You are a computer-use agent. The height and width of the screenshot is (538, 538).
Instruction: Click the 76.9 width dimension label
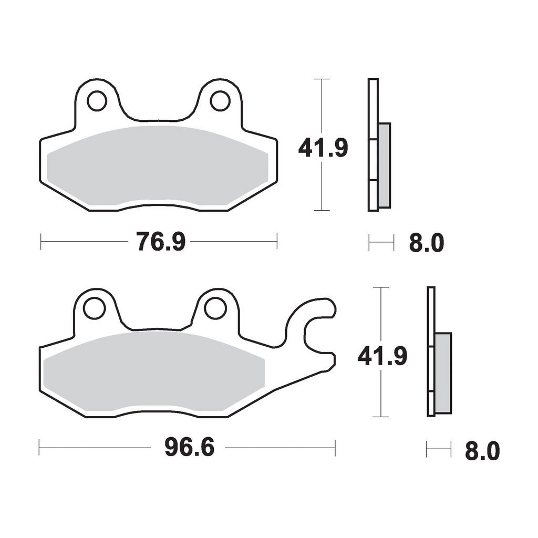[x=161, y=242]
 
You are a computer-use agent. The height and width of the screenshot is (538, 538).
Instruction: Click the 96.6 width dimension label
[x=189, y=448]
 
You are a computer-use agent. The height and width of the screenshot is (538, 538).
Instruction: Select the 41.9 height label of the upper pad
[x=323, y=148]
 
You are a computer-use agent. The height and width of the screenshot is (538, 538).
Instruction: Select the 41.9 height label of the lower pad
[x=382, y=356]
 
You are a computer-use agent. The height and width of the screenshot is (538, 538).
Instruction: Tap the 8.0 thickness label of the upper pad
[x=427, y=243]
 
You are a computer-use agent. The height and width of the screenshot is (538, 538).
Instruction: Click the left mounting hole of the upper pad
[x=97, y=101]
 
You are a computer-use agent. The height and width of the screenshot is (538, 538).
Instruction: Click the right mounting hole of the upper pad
[x=220, y=101]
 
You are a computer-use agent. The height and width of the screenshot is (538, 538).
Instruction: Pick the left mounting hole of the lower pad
[x=94, y=308]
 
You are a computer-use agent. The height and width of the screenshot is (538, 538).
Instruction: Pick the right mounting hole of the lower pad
[x=216, y=308]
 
